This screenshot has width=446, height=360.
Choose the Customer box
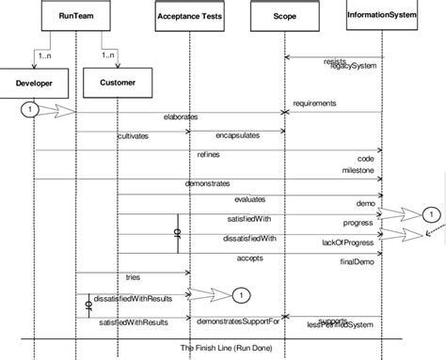point(119,85)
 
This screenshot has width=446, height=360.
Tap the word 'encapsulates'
point(238,136)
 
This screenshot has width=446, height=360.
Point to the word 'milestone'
point(361,170)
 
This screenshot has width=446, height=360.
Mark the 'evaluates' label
point(250,199)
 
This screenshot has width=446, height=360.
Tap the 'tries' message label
point(133,278)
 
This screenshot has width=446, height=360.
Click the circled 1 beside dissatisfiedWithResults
point(240,295)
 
